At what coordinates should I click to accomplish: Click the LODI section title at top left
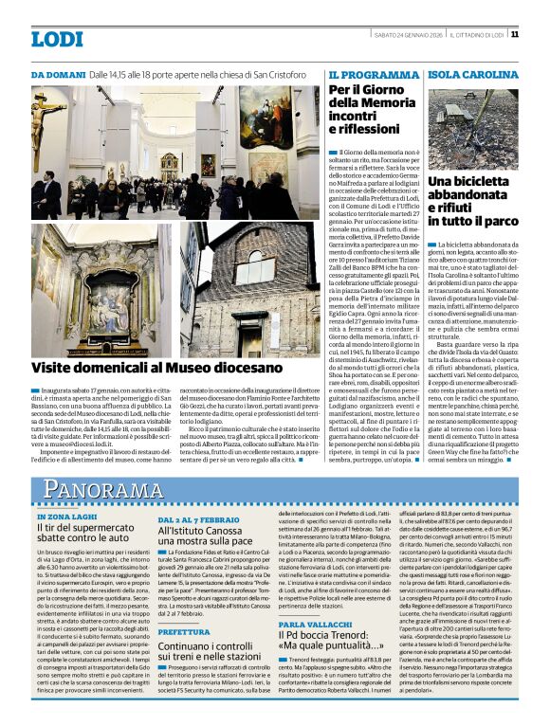click(x=58, y=39)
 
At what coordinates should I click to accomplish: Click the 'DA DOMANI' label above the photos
click(x=58, y=74)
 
